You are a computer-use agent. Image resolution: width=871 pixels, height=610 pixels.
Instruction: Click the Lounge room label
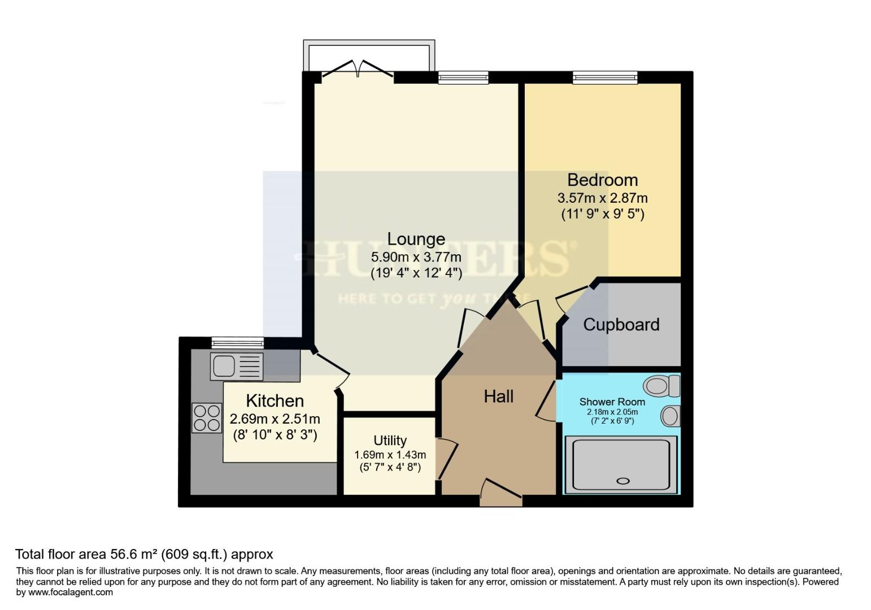click(x=416, y=239)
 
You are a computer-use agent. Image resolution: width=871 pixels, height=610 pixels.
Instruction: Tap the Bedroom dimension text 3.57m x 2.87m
click(x=602, y=198)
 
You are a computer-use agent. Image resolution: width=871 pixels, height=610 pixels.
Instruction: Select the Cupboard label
click(x=621, y=325)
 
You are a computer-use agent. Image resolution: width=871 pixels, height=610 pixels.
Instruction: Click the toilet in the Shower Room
click(x=661, y=386)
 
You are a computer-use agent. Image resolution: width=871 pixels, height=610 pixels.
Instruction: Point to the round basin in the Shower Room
click(x=670, y=417)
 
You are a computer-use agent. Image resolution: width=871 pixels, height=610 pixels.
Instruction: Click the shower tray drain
click(x=623, y=481)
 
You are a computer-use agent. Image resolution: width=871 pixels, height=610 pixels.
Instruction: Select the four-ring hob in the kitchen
click(x=207, y=418)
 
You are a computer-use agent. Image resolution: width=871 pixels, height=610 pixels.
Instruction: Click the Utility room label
click(x=390, y=441)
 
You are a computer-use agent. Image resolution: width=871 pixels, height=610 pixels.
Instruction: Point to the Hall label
click(x=499, y=396)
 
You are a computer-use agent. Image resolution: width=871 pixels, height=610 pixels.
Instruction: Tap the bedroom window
click(x=605, y=77)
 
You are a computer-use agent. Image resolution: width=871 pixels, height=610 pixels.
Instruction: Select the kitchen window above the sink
click(x=237, y=342)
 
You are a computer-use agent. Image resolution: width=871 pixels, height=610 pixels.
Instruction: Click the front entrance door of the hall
click(x=500, y=493)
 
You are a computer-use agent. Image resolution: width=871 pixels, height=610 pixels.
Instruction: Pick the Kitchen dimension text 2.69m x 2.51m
click(x=275, y=419)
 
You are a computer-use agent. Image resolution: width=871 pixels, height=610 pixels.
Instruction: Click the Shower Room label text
click(x=612, y=402)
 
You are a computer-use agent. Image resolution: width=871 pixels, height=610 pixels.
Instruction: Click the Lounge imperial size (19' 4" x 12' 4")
click(x=416, y=273)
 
